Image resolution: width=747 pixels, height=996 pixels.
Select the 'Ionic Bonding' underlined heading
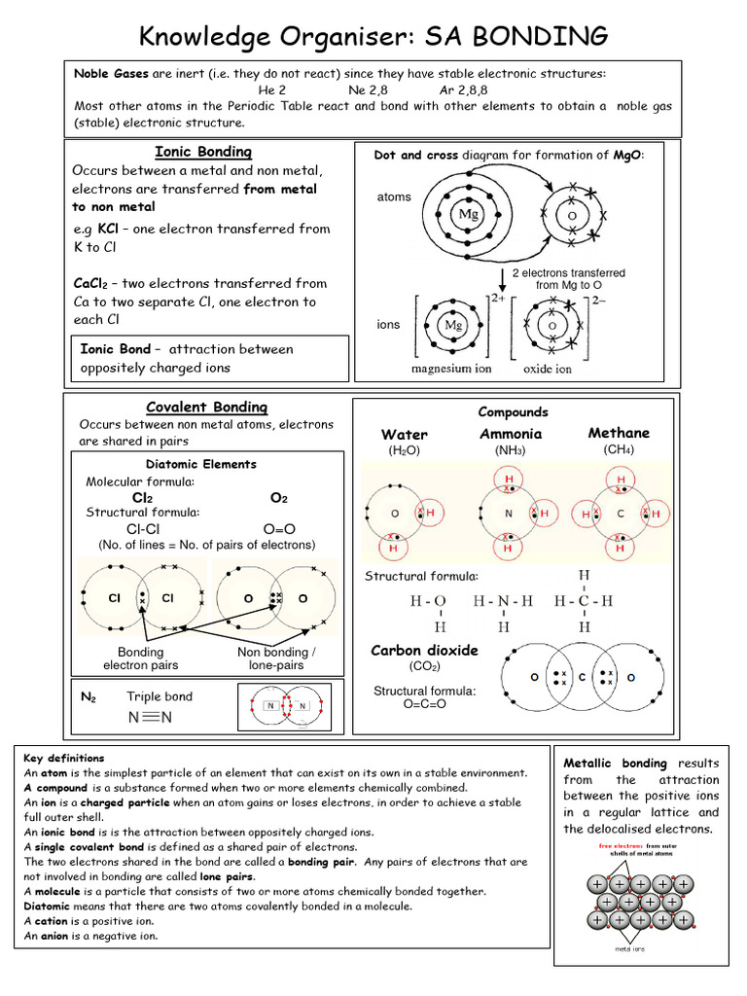pyautogui.click(x=203, y=152)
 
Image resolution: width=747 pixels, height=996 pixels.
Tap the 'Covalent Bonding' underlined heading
pyautogui.click(x=206, y=408)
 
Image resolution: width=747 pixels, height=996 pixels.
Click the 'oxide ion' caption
pyautogui.click(x=548, y=369)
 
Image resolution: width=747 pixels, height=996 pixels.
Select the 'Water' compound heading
pyautogui.click(x=404, y=435)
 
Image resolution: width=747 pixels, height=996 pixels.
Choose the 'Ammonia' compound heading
pyautogui.click(x=511, y=434)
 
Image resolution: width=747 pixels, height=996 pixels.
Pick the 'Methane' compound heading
pyautogui.click(x=619, y=433)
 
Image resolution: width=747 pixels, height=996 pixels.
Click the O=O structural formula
pyautogui.click(x=278, y=528)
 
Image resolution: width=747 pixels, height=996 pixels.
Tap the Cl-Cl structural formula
pyautogui.click(x=143, y=528)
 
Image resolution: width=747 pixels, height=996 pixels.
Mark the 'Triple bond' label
pyautogui.click(x=160, y=696)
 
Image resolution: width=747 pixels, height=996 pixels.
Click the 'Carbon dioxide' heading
pyautogui.click(x=424, y=650)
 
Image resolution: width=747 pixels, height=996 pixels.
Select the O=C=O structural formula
pyautogui.click(x=424, y=704)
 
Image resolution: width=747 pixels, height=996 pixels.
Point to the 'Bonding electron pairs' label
pyautogui.click(x=141, y=658)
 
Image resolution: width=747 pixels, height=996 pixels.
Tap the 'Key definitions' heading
pyautogui.click(x=64, y=758)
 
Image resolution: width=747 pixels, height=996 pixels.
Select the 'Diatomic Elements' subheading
pyautogui.click(x=200, y=464)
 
